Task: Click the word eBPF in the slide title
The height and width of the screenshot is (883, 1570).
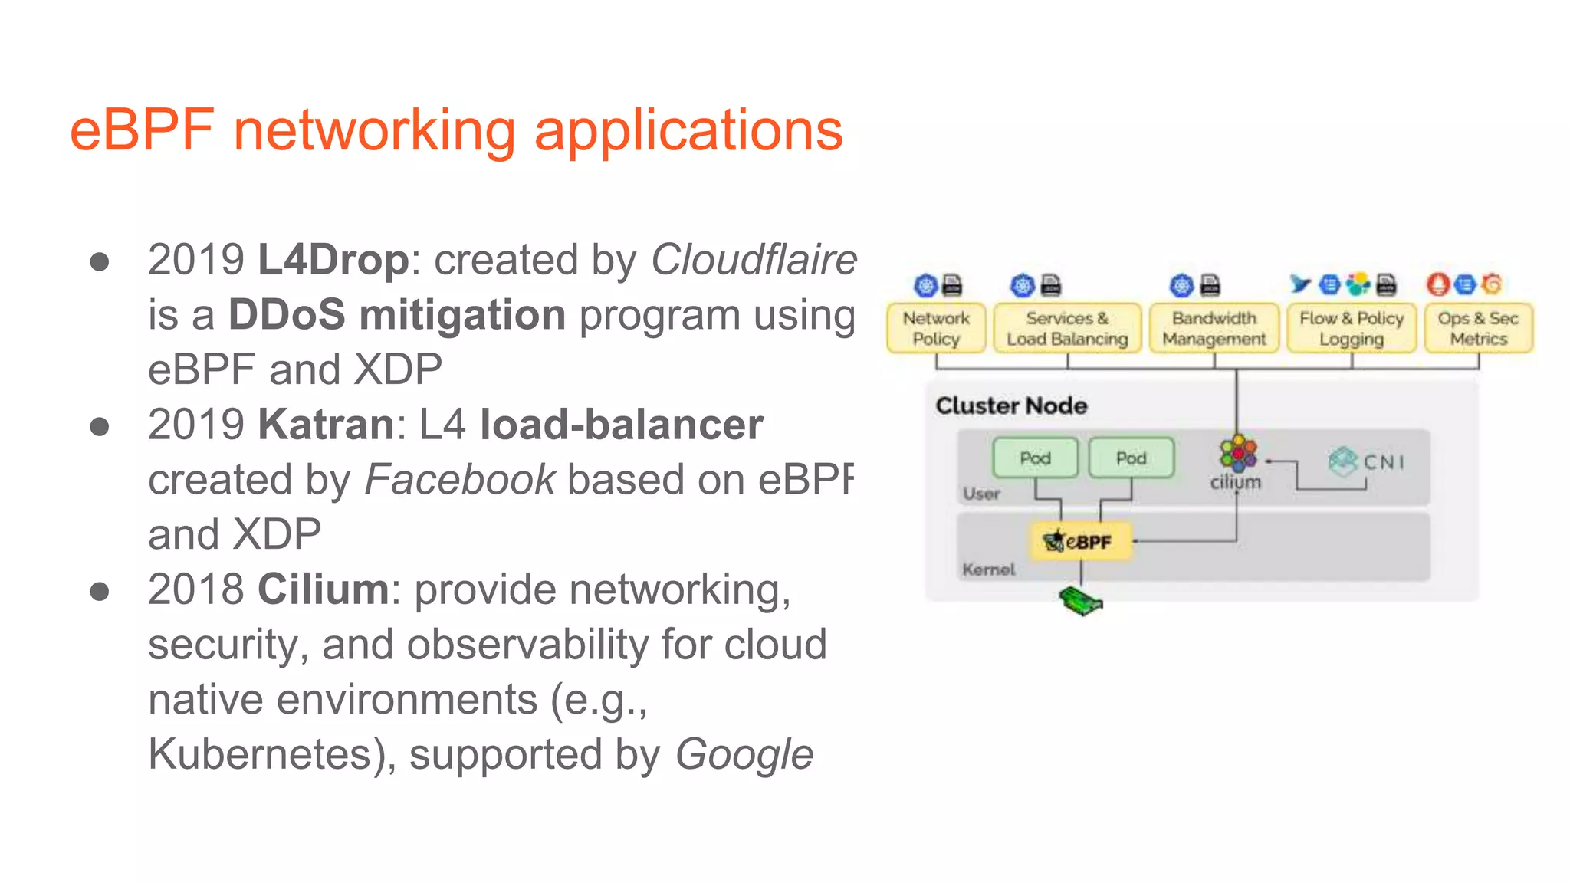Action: (142, 130)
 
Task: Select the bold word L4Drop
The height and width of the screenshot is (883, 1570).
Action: (333, 260)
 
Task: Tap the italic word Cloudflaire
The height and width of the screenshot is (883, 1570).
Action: (754, 260)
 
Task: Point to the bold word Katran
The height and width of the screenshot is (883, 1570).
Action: (326, 425)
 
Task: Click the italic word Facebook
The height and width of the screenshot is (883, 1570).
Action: (459, 480)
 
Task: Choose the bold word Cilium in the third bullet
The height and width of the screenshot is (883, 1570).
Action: (324, 589)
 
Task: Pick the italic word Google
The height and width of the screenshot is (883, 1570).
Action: (744, 754)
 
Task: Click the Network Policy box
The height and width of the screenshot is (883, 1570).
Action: (935, 329)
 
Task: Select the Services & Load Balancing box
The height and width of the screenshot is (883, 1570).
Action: (1067, 329)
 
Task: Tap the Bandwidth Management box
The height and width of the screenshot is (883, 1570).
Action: (1214, 329)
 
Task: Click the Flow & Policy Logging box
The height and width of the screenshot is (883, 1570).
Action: (1352, 329)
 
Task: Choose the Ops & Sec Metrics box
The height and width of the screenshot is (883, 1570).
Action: (1478, 329)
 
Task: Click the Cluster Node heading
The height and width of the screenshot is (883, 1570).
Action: (1011, 405)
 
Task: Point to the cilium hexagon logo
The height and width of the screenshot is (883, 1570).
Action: (1237, 452)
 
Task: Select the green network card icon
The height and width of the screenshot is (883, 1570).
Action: (1080, 602)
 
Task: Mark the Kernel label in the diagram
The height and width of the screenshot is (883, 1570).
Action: (988, 570)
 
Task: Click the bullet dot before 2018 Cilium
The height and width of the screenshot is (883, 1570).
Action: (99, 592)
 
